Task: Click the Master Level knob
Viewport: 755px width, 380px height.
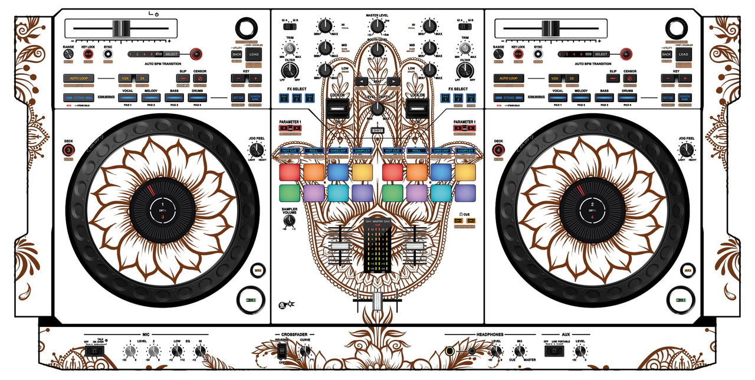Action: click(377, 25)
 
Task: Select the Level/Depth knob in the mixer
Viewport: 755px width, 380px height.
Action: click(377, 108)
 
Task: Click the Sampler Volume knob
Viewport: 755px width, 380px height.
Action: click(288, 220)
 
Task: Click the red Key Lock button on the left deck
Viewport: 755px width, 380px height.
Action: click(88, 54)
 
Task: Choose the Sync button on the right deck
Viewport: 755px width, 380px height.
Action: click(538, 54)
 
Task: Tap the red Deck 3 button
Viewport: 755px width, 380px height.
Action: click(68, 150)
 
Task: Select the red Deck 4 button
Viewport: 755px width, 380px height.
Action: click(498, 150)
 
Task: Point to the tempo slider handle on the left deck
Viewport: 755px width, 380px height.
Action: click(122, 28)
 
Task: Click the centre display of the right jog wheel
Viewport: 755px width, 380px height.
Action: click(592, 210)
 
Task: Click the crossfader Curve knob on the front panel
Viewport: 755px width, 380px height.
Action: click(304, 351)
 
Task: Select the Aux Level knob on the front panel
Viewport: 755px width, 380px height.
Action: click(580, 351)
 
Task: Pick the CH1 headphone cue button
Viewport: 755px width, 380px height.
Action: click(458, 221)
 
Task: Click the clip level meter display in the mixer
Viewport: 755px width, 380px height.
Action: click(377, 248)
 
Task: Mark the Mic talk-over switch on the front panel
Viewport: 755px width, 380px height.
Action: click(93, 351)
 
